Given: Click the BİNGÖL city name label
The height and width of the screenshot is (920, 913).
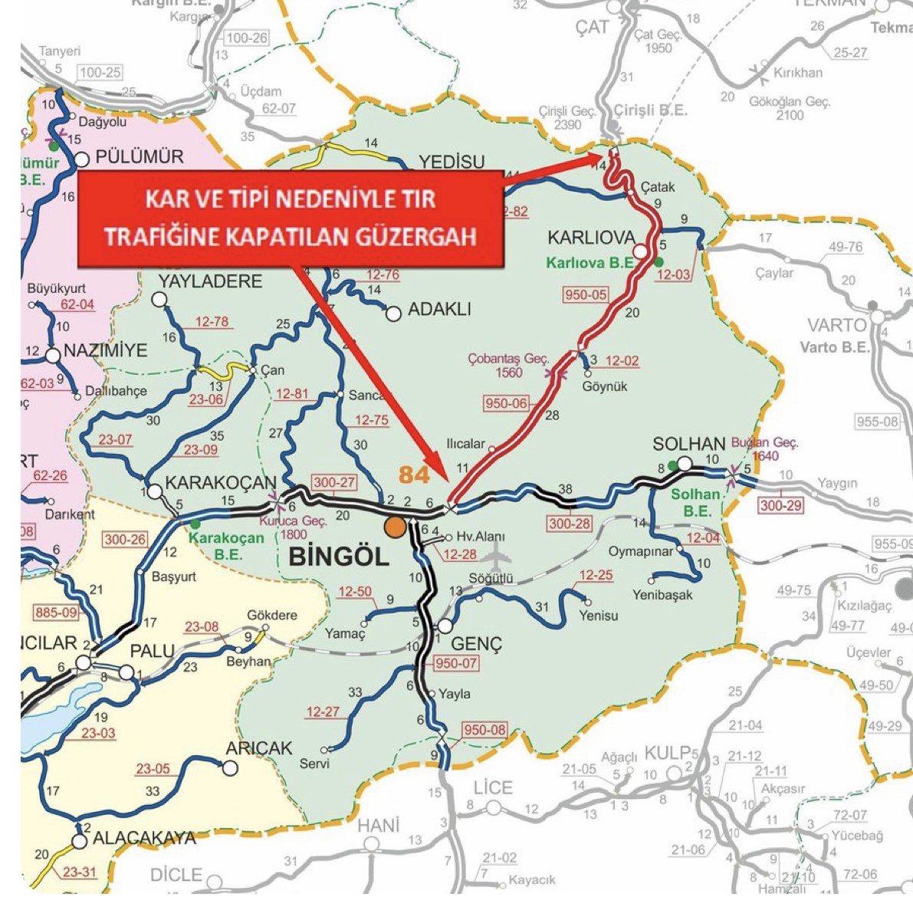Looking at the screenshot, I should click(x=339, y=557).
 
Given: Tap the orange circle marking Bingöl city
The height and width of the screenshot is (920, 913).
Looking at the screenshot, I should click(x=396, y=527).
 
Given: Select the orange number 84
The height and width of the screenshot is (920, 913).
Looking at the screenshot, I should click(x=414, y=475).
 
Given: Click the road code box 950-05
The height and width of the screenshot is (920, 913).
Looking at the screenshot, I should click(x=586, y=294).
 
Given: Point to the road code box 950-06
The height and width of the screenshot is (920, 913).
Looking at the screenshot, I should click(x=506, y=403).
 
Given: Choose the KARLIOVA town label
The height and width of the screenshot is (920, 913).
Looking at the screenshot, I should click(x=591, y=237).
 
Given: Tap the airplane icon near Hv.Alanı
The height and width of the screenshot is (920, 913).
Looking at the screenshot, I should click(x=497, y=554).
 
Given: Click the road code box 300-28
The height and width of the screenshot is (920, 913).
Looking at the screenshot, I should click(x=570, y=524).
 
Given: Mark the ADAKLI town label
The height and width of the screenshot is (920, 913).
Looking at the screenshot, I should click(x=439, y=310).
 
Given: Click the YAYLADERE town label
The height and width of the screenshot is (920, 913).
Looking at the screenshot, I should click(x=210, y=281).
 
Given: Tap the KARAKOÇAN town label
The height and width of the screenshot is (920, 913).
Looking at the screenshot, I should click(x=221, y=483).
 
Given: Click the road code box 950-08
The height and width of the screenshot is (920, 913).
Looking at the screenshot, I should click(x=484, y=730).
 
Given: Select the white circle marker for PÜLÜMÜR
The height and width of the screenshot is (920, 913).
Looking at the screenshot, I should click(x=82, y=159).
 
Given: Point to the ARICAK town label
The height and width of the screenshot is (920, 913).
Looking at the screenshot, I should click(x=259, y=748).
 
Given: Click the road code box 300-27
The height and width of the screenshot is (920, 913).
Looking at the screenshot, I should click(x=334, y=482).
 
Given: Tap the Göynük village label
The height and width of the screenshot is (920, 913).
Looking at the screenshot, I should click(x=605, y=386).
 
